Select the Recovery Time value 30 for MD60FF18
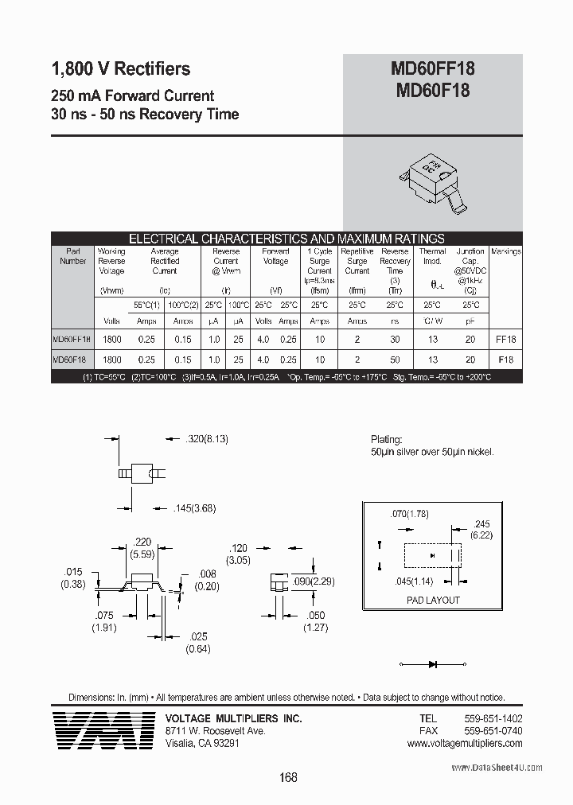(x=395, y=339)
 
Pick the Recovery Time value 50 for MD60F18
(x=395, y=360)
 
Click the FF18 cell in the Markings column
(x=506, y=339)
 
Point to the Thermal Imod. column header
(x=432, y=256)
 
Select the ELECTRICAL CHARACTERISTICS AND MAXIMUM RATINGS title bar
(x=286, y=239)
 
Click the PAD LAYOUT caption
(x=433, y=600)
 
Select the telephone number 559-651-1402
(x=493, y=718)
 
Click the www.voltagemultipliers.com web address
(x=465, y=744)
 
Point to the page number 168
(x=288, y=777)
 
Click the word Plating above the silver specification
(x=386, y=439)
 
